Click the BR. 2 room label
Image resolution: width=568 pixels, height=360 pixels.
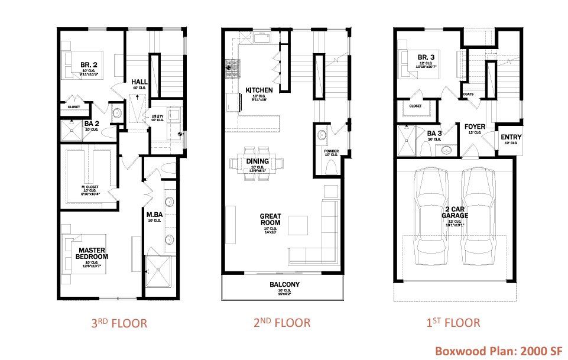click(x=90, y=64)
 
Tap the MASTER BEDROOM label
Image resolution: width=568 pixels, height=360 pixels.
click(x=93, y=253)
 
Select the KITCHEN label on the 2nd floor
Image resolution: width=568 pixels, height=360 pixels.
click(x=259, y=90)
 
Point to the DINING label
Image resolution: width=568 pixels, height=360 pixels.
click(x=258, y=161)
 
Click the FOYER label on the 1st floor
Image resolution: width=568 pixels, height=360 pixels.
click(x=475, y=127)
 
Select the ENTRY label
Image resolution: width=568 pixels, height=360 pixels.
click(x=511, y=137)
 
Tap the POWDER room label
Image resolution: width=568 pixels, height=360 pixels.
click(x=331, y=151)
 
